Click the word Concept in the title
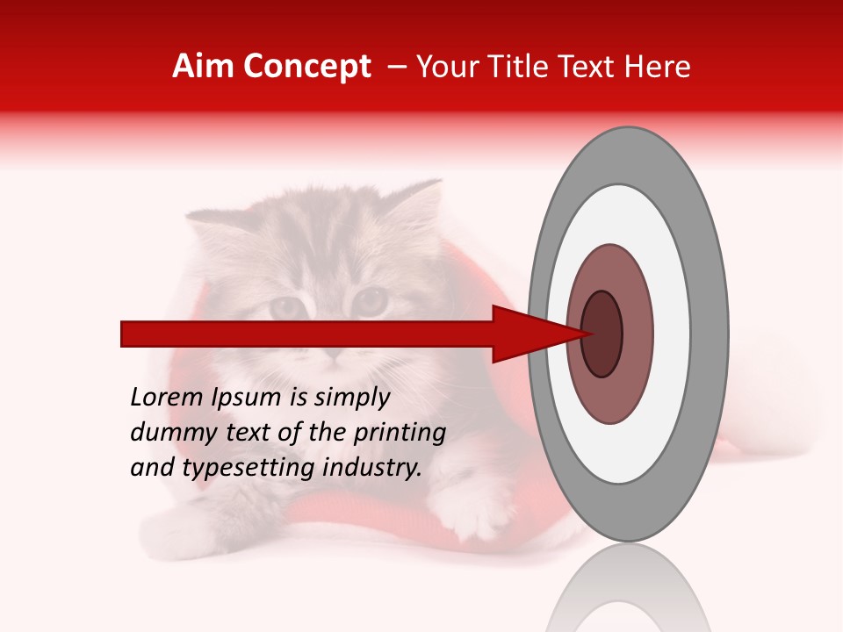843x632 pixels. [x=306, y=67]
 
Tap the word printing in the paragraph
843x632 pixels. [x=399, y=434]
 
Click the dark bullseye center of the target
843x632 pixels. [x=602, y=334]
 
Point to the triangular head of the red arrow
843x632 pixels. [x=527, y=334]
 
